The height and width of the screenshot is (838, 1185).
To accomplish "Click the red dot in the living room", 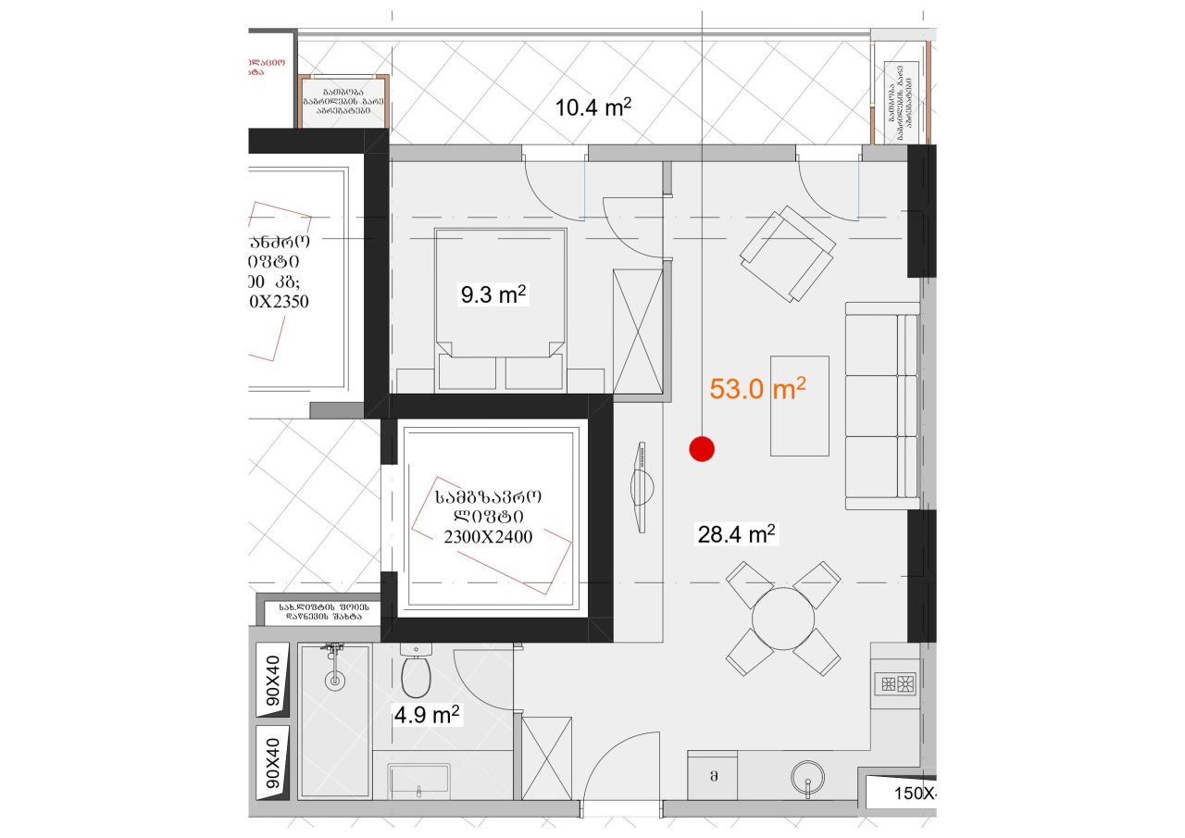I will click(703, 449).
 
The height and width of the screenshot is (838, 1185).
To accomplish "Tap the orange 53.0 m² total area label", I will click(757, 389).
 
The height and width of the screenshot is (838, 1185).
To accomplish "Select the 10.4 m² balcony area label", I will click(592, 107).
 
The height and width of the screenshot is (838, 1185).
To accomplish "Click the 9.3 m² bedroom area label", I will click(493, 295).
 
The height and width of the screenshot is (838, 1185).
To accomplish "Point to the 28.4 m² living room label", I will click(735, 534).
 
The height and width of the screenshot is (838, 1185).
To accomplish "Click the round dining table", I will click(783, 618).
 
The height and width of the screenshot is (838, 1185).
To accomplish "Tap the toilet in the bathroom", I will click(417, 674).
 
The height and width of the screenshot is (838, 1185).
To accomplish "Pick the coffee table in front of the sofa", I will click(800, 406).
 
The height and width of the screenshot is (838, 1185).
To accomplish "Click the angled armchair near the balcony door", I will click(787, 254).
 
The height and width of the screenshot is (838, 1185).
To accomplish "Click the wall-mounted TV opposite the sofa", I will click(641, 486).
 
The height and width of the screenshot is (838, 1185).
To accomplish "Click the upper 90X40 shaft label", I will click(271, 681).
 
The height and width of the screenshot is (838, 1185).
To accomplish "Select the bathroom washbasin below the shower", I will click(419, 781).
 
